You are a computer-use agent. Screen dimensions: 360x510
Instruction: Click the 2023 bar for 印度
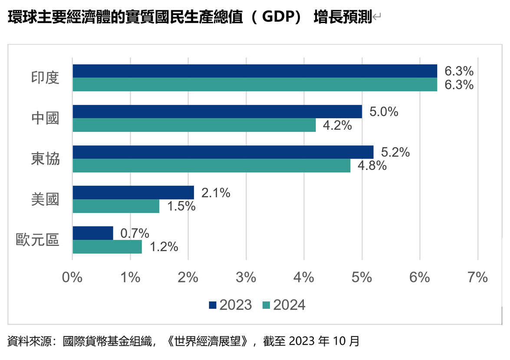click(255, 71)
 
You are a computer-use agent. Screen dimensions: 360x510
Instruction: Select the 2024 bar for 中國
click(194, 125)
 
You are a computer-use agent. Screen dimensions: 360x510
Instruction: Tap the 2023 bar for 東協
click(223, 152)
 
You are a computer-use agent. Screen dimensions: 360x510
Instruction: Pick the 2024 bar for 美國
click(116, 206)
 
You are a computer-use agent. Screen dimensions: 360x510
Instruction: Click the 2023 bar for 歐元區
click(93, 233)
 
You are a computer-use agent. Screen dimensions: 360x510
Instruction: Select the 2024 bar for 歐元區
click(107, 246)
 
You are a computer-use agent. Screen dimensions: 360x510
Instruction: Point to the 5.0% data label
click(384, 112)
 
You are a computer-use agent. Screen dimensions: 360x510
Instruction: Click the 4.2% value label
click(337, 125)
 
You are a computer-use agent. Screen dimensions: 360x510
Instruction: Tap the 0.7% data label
click(135, 233)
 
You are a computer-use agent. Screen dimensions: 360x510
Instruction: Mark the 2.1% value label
click(215, 193)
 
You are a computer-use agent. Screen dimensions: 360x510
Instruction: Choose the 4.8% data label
click(372, 166)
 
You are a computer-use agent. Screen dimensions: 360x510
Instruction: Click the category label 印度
click(45, 78)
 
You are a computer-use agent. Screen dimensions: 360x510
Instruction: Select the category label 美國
click(45, 199)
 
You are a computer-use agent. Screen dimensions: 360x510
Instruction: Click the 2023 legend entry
click(230, 305)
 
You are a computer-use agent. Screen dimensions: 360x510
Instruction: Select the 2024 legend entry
click(284, 305)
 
